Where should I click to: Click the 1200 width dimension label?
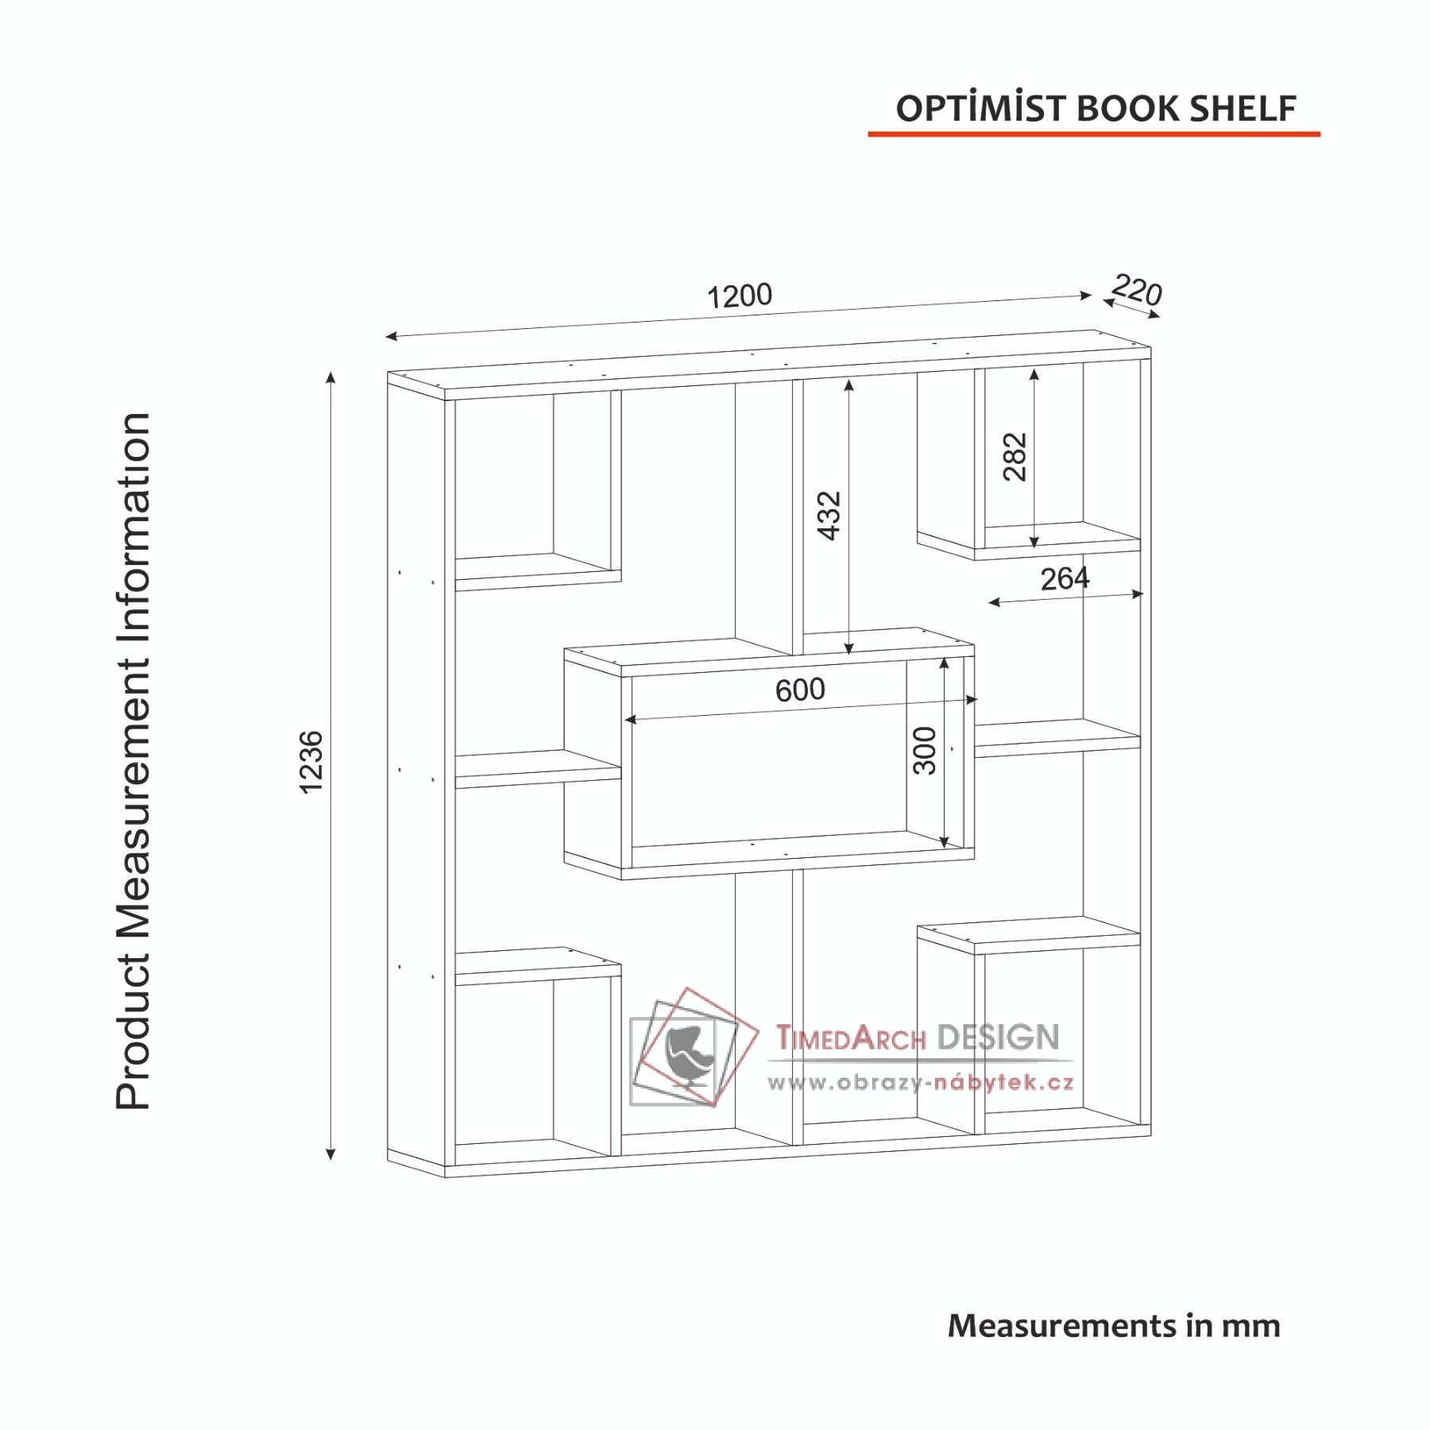[740, 296]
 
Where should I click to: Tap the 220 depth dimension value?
[1137, 290]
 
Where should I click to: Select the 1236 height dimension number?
[311, 762]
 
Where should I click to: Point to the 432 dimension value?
[829, 516]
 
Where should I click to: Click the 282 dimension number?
[1015, 457]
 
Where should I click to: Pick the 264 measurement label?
[1065, 579]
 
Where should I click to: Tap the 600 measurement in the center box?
[800, 690]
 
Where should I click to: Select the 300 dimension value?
[925, 750]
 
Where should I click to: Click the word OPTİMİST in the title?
[981, 108]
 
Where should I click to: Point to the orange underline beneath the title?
[1093, 134]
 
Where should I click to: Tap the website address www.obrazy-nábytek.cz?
[921, 1082]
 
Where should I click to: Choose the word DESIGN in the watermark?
[998, 1037]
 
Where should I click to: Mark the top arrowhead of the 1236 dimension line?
[330, 377]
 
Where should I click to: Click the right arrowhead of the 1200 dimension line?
[1086, 296]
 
